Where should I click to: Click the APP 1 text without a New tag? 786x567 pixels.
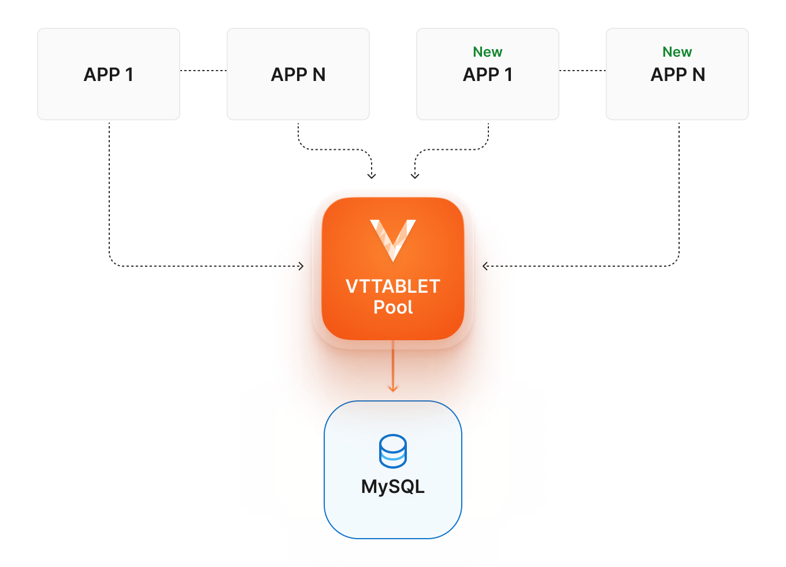pos(109,75)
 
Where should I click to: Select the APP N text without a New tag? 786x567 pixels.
pos(298,75)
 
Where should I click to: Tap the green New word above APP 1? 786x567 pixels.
pos(487,52)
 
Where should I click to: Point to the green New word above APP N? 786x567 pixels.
pos(677,52)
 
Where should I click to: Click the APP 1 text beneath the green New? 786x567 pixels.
pos(487,75)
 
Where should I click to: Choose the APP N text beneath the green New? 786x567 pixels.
pos(677,75)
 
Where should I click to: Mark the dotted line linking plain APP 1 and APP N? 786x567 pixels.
pos(203,71)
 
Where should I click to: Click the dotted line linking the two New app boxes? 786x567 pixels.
pos(583,71)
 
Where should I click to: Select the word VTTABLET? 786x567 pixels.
pos(393,286)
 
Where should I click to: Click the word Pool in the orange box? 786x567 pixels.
pos(393,307)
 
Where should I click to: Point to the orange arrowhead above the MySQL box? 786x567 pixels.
pos(393,388)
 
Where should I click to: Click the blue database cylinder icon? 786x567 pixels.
pos(393,451)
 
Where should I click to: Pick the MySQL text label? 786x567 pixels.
pos(393,487)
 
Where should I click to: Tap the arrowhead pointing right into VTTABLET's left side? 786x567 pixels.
pos(301,266)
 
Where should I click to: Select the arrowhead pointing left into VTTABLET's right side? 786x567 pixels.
pos(485,266)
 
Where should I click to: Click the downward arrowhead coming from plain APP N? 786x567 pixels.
pos(372,175)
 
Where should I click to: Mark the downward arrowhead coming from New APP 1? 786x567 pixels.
pos(415,175)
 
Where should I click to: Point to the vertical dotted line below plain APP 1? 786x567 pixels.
pos(109,191)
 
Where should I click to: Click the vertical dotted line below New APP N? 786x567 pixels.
pos(679,191)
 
